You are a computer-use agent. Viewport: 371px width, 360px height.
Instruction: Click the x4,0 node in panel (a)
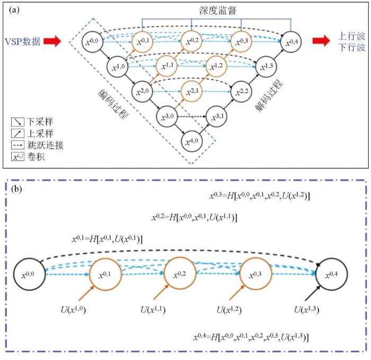click(191, 141)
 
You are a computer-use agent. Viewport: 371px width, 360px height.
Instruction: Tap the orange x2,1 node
click(191, 91)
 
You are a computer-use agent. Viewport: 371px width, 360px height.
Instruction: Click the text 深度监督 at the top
click(217, 10)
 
